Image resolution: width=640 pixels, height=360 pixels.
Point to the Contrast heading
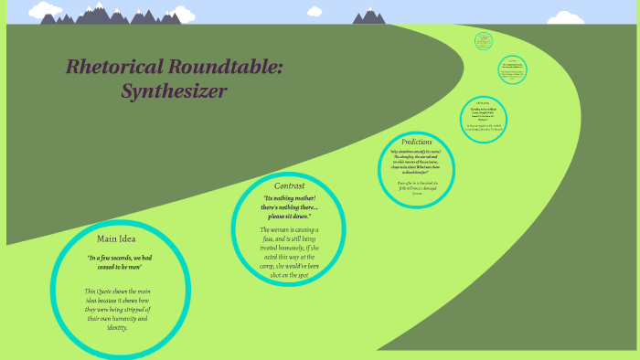tap(289, 186)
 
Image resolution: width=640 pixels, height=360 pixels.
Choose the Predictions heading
tap(416, 142)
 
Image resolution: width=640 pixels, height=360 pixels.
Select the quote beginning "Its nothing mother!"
tap(289, 206)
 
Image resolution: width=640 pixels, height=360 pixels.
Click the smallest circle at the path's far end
tap(484, 41)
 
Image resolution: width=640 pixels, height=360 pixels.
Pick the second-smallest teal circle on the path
tap(512, 69)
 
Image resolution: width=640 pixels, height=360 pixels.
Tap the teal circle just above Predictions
tap(484, 118)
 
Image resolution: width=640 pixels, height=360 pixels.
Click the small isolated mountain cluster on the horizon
tap(369, 16)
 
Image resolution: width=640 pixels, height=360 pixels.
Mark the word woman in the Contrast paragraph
tap(284, 229)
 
